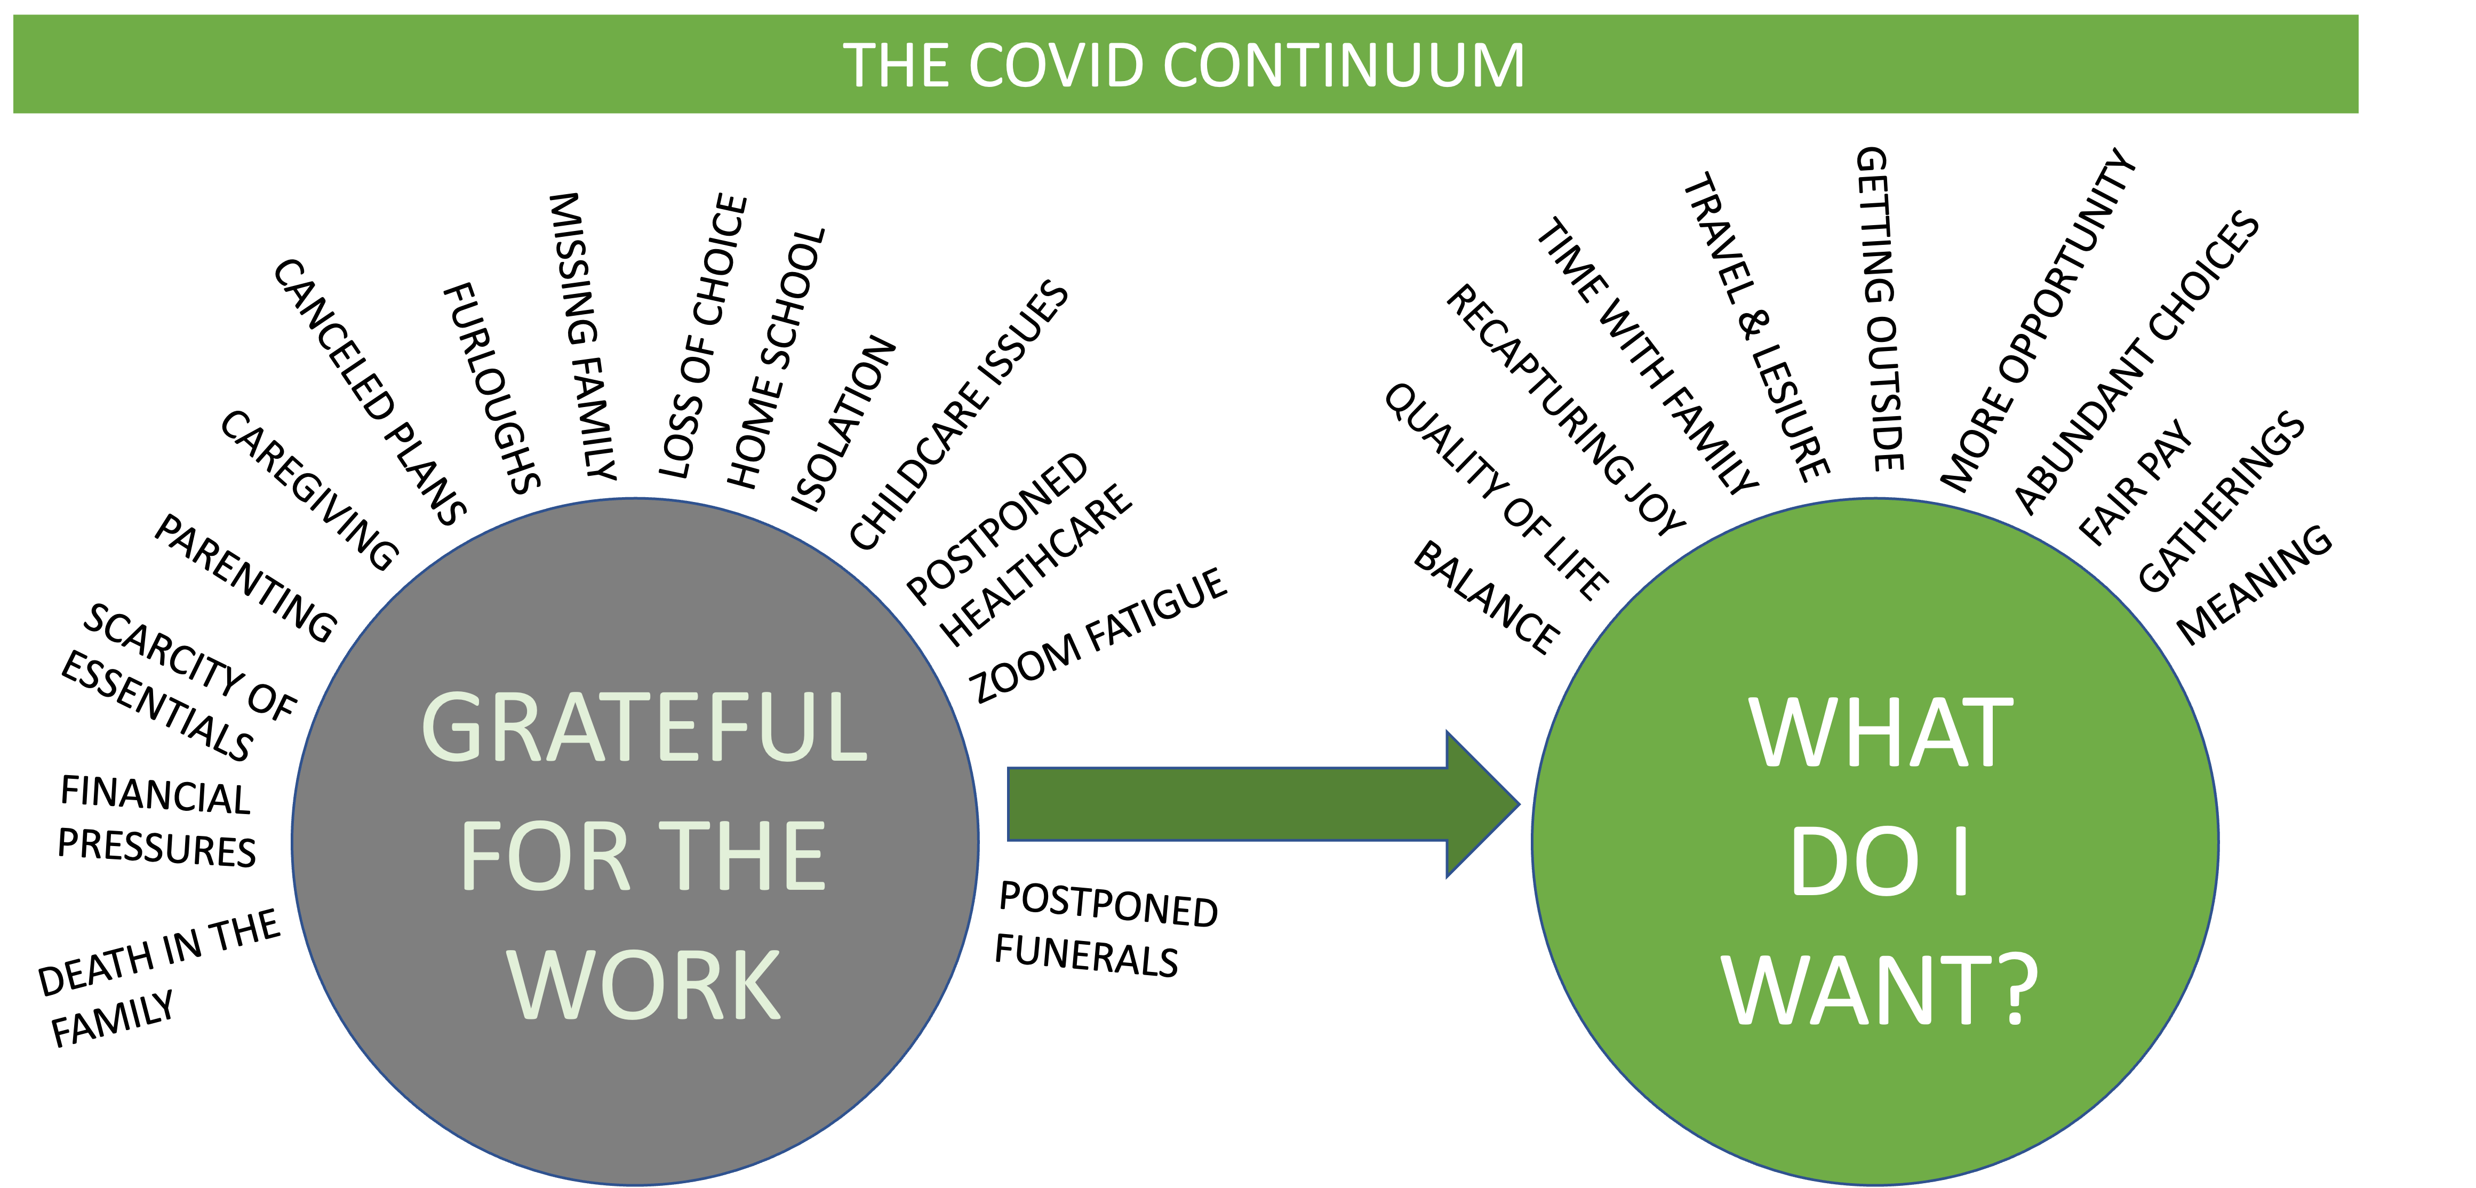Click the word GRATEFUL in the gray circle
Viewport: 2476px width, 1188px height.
pyautogui.click(x=644, y=728)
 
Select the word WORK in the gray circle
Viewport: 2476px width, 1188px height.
pyautogui.click(x=644, y=985)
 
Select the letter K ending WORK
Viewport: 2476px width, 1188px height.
pyautogui.click(x=755, y=985)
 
